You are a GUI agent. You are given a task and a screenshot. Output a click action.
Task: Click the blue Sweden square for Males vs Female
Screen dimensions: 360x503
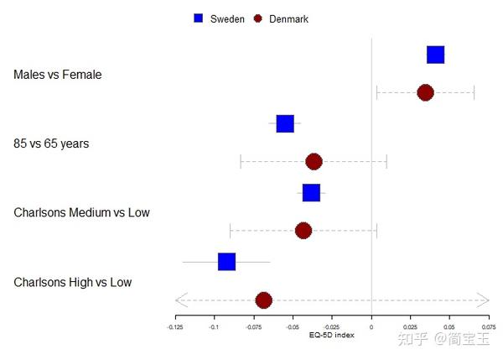pyautogui.click(x=435, y=55)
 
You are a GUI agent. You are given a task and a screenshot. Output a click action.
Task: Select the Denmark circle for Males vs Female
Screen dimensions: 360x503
pyautogui.click(x=425, y=92)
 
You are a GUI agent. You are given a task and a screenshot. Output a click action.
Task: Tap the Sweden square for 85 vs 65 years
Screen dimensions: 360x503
pyautogui.click(x=285, y=124)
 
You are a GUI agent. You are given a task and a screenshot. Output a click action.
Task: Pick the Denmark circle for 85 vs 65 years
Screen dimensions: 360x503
pyautogui.click(x=314, y=161)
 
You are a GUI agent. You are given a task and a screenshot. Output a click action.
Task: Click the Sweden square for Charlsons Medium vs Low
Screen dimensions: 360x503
pyautogui.click(x=311, y=193)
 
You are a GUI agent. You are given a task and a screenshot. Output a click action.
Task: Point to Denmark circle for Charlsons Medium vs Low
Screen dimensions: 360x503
pyautogui.click(x=303, y=230)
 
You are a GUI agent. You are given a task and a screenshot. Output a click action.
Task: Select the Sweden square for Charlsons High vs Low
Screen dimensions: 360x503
pyautogui.click(x=226, y=262)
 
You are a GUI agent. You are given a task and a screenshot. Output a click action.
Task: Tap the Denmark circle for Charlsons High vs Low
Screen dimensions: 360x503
pyautogui.click(x=263, y=300)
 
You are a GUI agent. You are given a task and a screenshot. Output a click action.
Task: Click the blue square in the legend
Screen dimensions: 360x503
pyautogui.click(x=199, y=18)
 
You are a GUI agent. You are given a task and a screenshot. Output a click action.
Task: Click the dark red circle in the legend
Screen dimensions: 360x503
pyautogui.click(x=258, y=18)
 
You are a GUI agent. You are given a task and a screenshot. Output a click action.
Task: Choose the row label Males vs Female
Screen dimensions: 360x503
pyautogui.click(x=57, y=75)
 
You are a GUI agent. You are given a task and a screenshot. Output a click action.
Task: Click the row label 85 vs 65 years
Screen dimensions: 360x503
pyautogui.click(x=51, y=143)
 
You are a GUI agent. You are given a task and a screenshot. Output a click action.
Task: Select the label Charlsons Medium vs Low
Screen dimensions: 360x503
pyautogui.click(x=81, y=212)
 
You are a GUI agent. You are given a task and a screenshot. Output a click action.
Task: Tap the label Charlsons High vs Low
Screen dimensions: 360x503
pyautogui.click(x=72, y=282)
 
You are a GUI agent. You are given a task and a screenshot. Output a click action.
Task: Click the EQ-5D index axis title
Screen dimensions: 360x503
pyautogui.click(x=331, y=335)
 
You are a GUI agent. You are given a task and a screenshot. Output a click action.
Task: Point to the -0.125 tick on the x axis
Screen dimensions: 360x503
pyautogui.click(x=175, y=326)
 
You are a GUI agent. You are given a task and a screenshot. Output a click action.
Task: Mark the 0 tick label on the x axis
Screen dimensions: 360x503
pyautogui.click(x=371, y=326)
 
